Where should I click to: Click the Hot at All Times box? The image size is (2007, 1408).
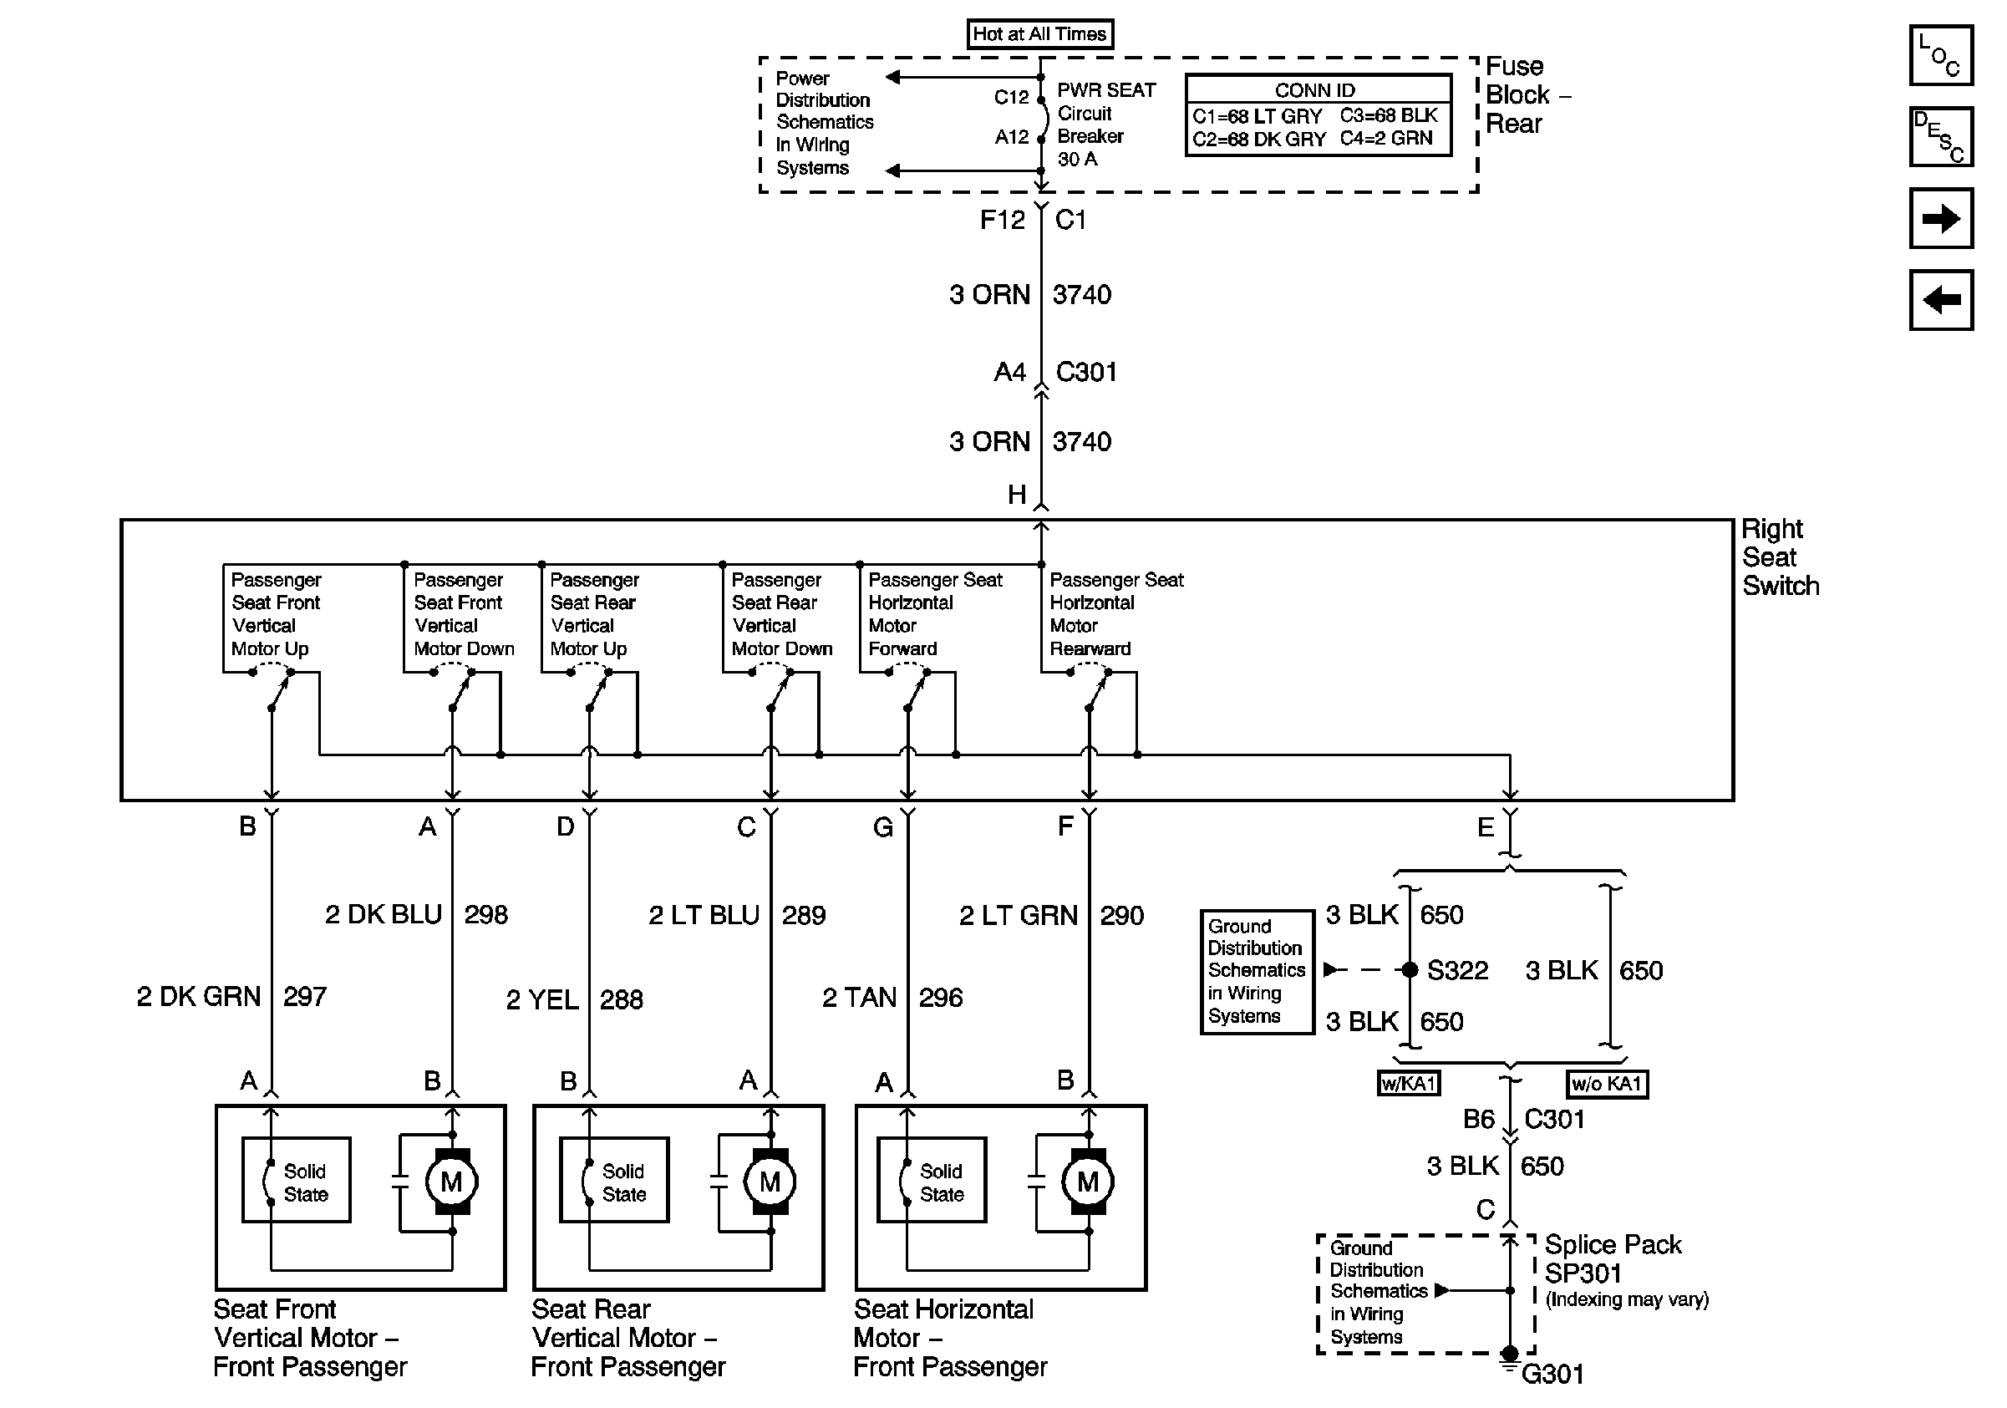click(x=1039, y=34)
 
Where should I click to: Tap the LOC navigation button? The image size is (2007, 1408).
click(x=1939, y=56)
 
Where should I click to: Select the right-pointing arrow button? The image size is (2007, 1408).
click(x=1939, y=218)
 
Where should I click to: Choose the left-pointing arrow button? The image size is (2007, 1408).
click(x=1939, y=300)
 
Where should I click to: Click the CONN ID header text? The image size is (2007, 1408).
click(x=1314, y=90)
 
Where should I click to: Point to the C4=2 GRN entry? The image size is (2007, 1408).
click(x=1386, y=138)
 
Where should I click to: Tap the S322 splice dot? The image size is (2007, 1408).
click(x=1409, y=969)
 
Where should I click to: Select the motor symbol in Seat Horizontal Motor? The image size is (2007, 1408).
click(x=1087, y=1182)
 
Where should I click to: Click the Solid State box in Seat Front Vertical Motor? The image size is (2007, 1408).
click(x=297, y=1180)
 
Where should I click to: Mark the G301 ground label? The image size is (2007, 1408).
click(x=1552, y=1375)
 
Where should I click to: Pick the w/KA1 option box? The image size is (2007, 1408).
click(x=1408, y=1084)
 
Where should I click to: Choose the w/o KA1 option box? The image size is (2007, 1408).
click(x=1607, y=1084)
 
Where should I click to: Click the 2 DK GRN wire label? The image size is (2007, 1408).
click(x=200, y=996)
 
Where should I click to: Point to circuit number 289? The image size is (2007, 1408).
click(x=803, y=915)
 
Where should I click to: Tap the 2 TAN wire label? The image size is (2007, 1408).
click(x=859, y=997)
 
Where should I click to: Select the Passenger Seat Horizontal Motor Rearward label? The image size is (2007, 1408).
click(x=1115, y=613)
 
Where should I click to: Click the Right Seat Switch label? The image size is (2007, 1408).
click(x=1779, y=557)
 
